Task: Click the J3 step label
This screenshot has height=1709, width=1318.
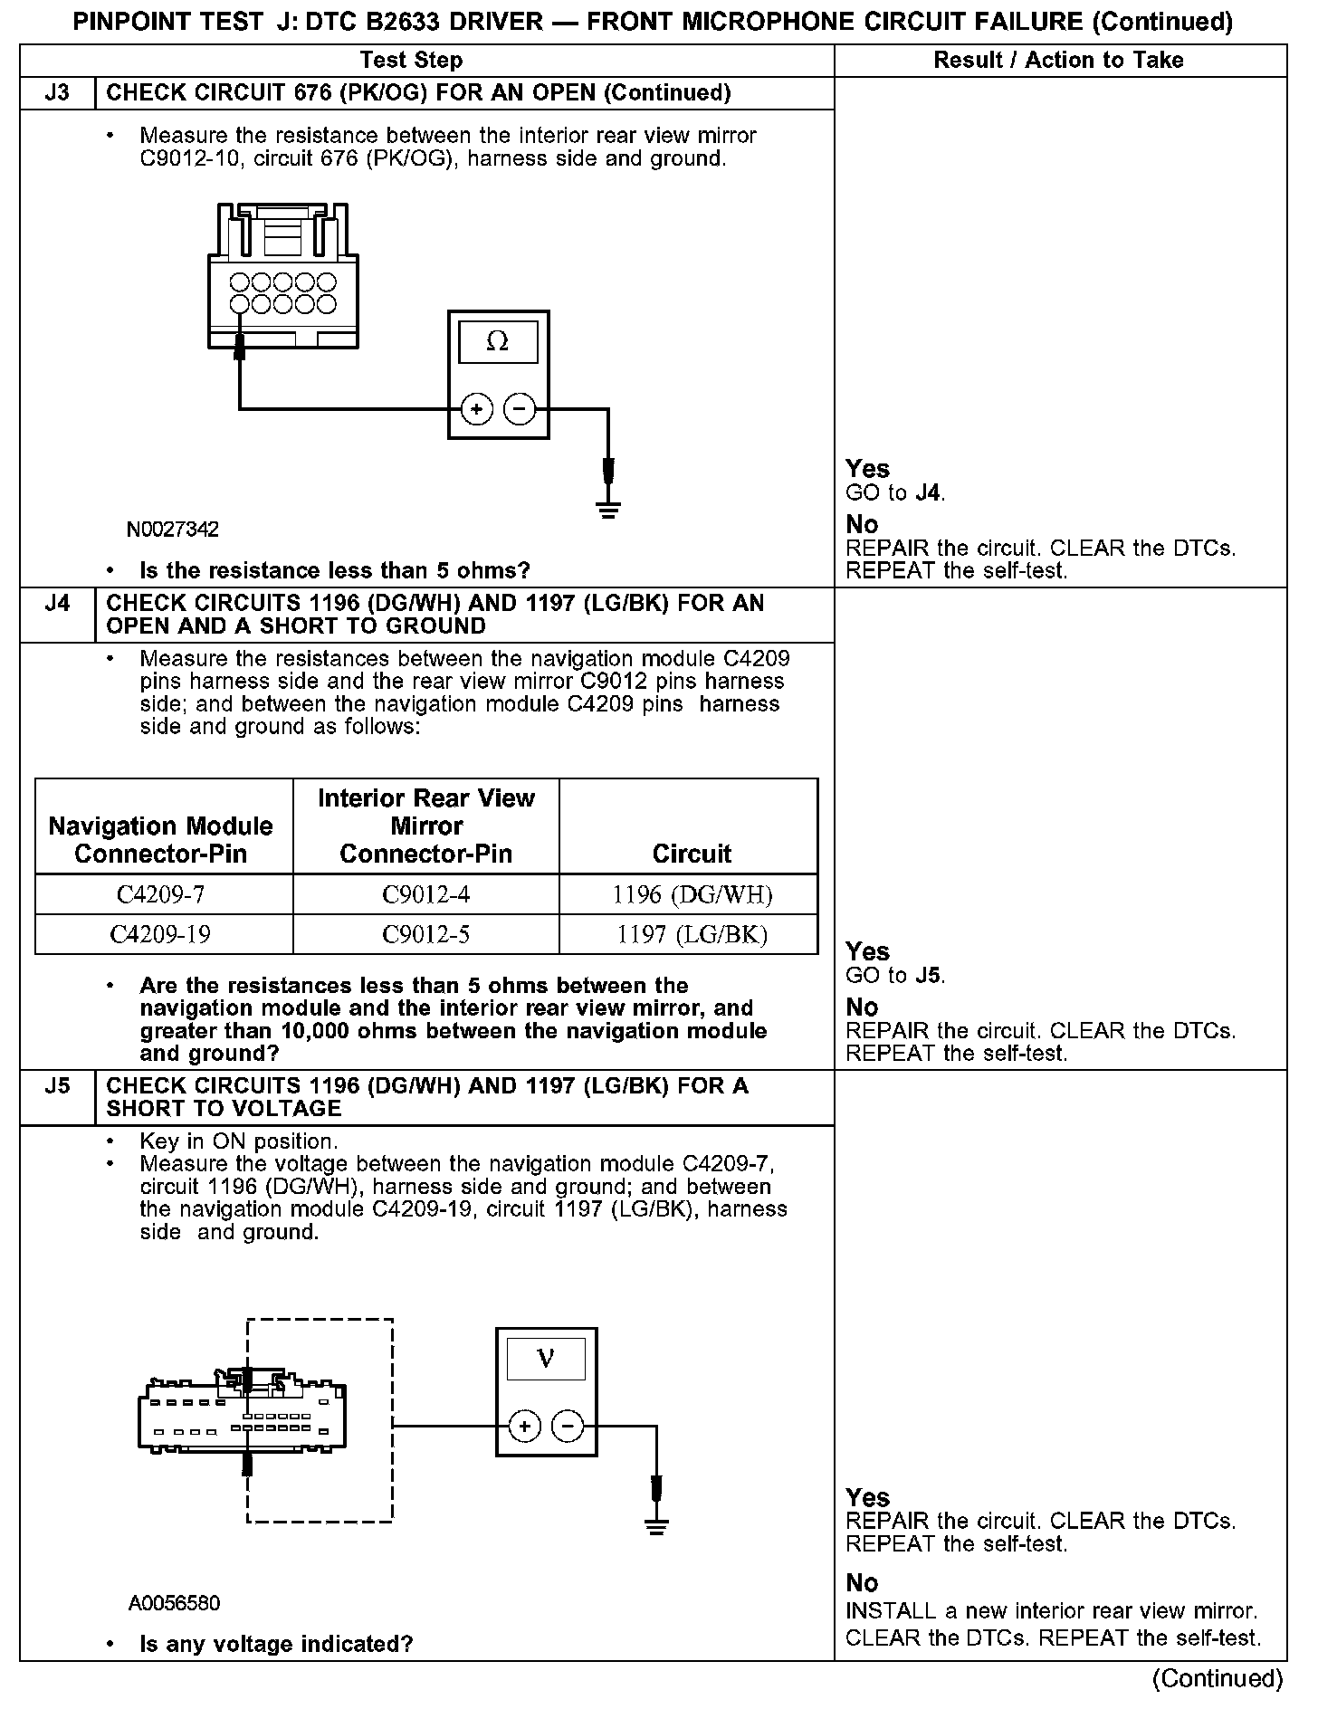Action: pyautogui.click(x=57, y=93)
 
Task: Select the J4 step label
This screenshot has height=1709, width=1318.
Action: pyautogui.click(x=57, y=603)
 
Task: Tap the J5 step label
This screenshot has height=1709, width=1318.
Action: pyautogui.click(x=57, y=1085)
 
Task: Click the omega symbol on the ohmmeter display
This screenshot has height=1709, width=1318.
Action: pyautogui.click(x=498, y=342)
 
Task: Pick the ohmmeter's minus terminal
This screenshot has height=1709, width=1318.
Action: pyautogui.click(x=519, y=410)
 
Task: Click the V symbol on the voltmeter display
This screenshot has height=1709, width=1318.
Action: pyautogui.click(x=546, y=1359)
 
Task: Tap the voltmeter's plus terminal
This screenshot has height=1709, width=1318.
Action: pyautogui.click(x=525, y=1427)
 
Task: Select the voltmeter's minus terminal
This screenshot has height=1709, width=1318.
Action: pyautogui.click(x=568, y=1427)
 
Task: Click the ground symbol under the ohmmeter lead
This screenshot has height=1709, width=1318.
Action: pyautogui.click(x=608, y=510)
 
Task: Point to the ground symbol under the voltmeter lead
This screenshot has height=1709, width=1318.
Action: pyautogui.click(x=656, y=1526)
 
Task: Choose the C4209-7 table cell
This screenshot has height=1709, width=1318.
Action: pyautogui.click(x=162, y=894)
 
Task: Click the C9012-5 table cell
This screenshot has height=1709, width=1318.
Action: pyautogui.click(x=425, y=934)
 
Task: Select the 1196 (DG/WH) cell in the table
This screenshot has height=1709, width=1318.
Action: pyautogui.click(x=692, y=894)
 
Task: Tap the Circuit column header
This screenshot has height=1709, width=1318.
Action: pyautogui.click(x=692, y=854)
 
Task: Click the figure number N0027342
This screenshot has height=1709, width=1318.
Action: pyautogui.click(x=173, y=530)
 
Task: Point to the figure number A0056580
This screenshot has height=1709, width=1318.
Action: pyautogui.click(x=175, y=1604)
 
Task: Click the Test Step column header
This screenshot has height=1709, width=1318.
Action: pyautogui.click(x=411, y=61)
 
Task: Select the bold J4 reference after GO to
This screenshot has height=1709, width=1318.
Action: pyautogui.click(x=928, y=493)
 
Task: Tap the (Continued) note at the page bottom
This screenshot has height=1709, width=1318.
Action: pyautogui.click(x=1218, y=1679)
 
